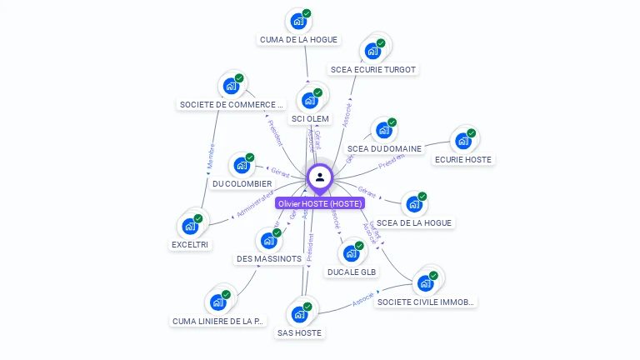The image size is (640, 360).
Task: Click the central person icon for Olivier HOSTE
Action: point(320,177)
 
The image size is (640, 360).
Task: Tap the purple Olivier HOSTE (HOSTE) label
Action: point(320,203)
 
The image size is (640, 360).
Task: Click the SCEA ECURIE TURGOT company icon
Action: point(371,52)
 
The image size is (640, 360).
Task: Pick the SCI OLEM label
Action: point(310,119)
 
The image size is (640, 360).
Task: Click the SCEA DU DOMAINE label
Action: point(384,149)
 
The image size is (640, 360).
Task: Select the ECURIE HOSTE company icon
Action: point(462,142)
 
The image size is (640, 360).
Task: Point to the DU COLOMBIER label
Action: point(242,183)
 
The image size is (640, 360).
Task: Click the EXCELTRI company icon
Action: point(191,226)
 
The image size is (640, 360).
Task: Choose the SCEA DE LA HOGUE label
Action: point(414,222)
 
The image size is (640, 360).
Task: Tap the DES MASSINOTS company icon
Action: point(267,241)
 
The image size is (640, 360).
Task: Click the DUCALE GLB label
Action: point(352,272)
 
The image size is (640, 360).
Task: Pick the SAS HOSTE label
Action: point(298,332)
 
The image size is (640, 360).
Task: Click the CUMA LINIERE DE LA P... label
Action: point(217,321)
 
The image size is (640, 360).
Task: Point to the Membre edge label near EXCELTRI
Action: point(211,159)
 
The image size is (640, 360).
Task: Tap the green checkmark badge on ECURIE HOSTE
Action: point(471,133)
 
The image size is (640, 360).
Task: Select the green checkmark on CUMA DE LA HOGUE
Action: point(307,13)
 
